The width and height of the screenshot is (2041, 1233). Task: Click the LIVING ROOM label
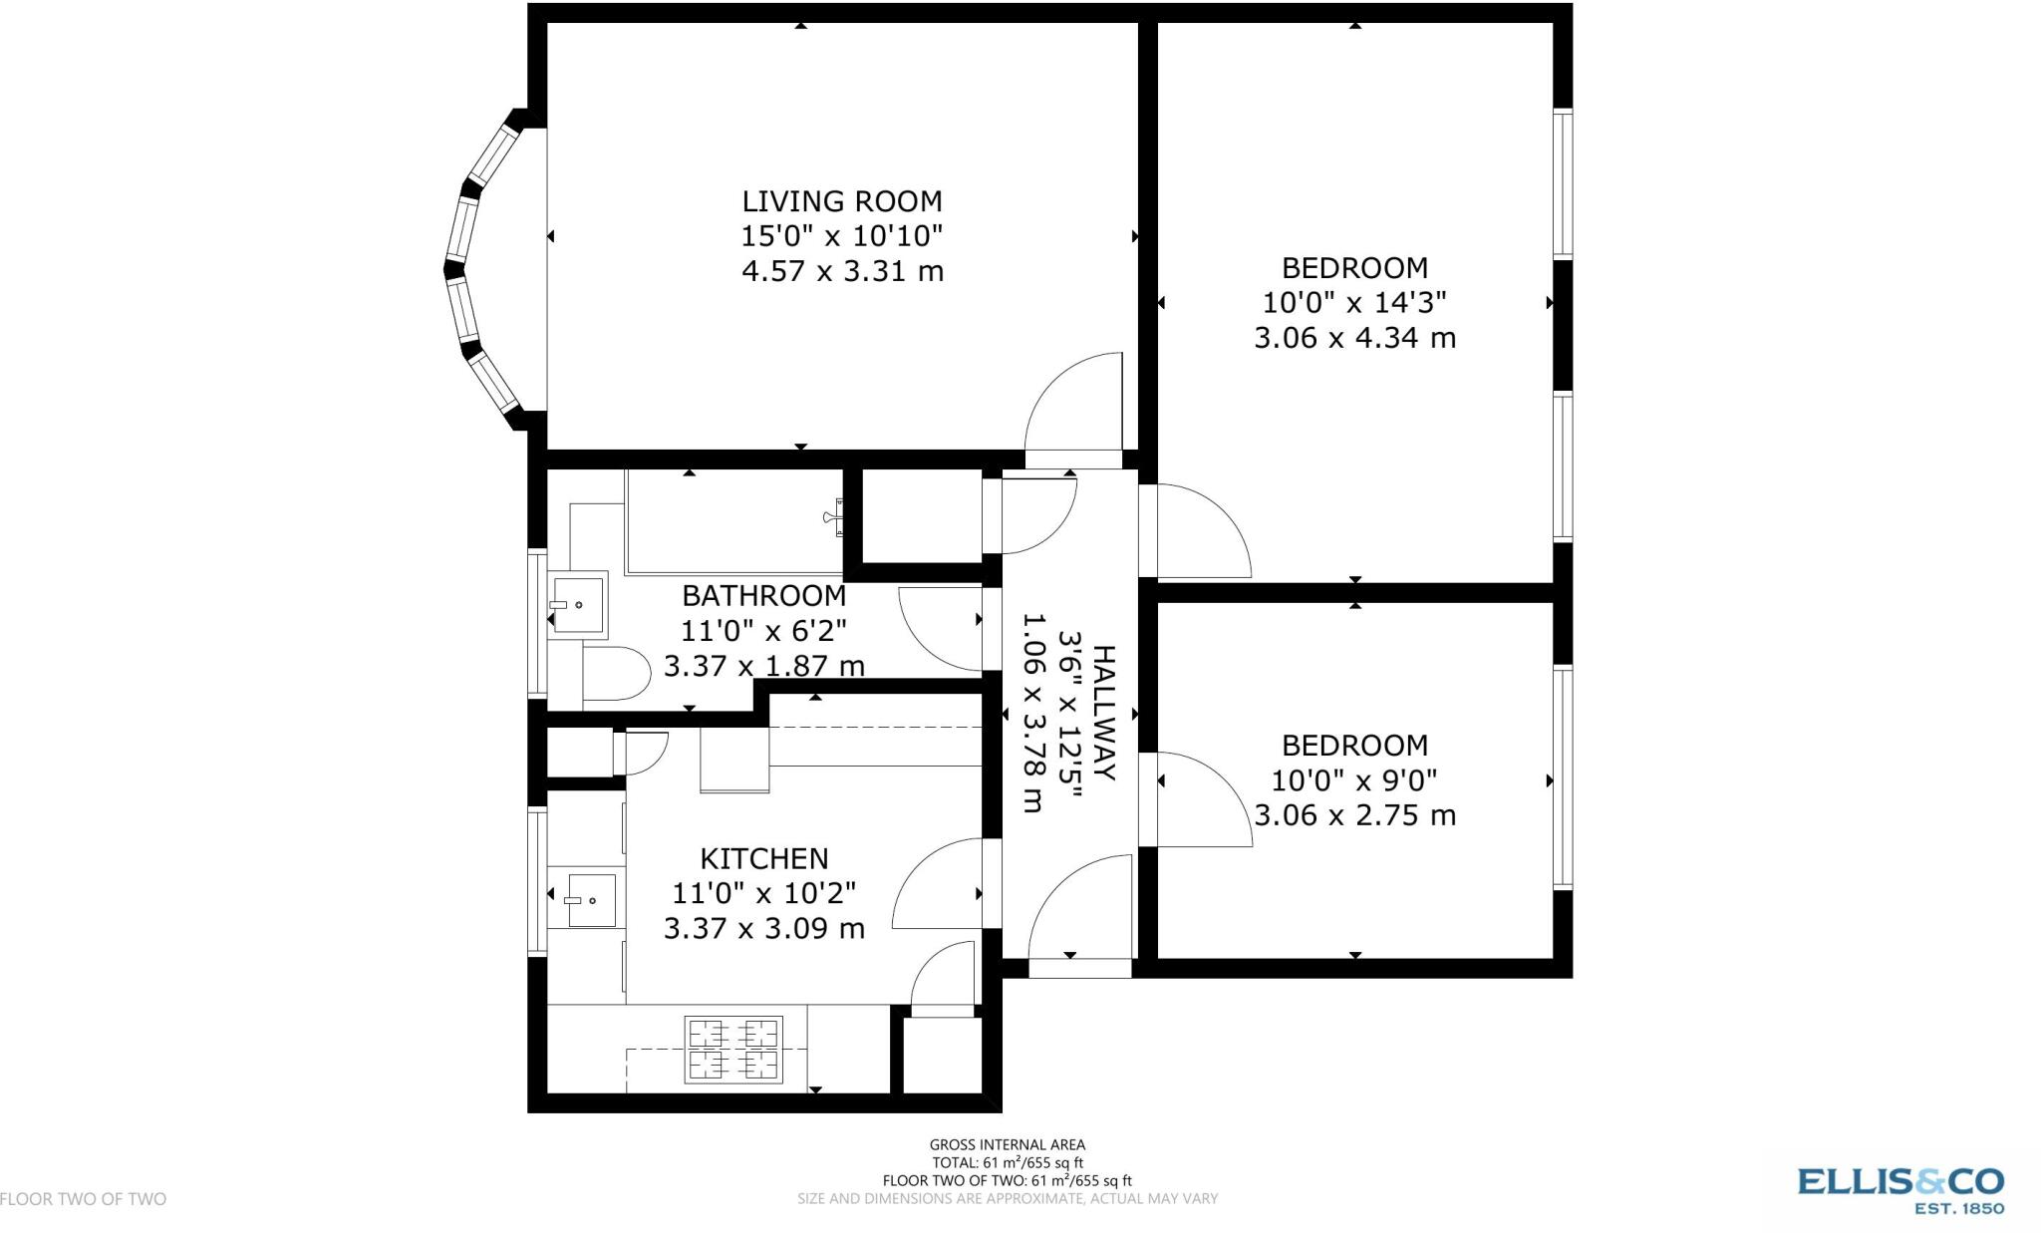[841, 201]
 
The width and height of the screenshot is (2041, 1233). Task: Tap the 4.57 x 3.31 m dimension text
[841, 271]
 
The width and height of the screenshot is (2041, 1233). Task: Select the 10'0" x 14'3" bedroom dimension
[1354, 302]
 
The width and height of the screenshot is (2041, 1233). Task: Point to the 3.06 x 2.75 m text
[1354, 815]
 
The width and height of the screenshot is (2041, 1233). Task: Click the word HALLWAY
[1104, 713]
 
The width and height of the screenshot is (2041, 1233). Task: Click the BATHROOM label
[763, 595]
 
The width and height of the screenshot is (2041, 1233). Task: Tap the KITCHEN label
[763, 858]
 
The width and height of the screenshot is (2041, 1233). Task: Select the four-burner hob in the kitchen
[732, 1049]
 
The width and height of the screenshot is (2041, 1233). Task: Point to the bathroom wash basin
[577, 604]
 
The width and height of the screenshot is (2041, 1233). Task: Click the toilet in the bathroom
[612, 674]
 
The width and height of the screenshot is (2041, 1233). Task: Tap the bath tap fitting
[833, 516]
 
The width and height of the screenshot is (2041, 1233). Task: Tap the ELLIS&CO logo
[1899, 1188]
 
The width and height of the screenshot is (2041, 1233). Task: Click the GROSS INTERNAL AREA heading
[1007, 1145]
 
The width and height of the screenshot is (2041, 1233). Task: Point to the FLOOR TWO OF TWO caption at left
[84, 1199]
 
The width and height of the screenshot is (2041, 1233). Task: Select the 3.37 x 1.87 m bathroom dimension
[763, 666]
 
